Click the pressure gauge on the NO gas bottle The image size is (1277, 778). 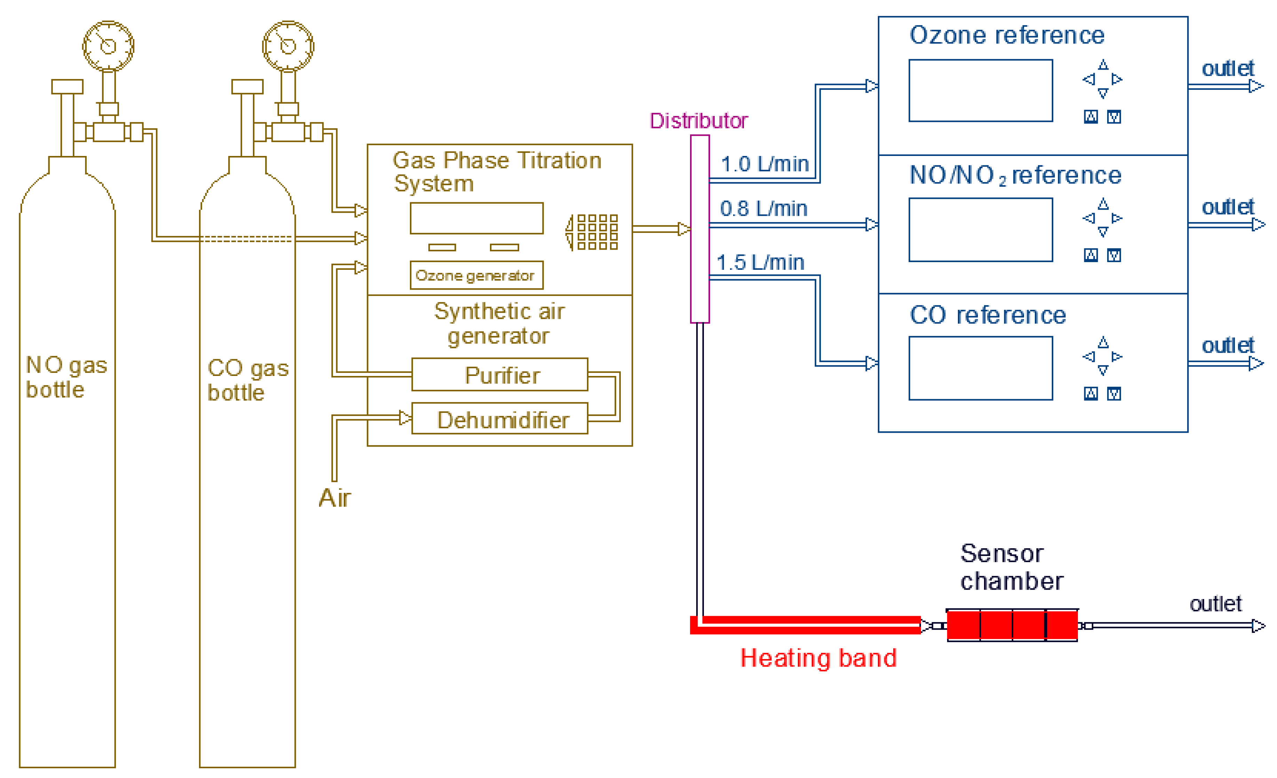pyautogui.click(x=108, y=46)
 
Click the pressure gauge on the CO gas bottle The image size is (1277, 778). pyautogui.click(x=288, y=46)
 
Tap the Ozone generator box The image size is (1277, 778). pyautogui.click(x=476, y=275)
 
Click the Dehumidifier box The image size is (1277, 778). pyautogui.click(x=500, y=418)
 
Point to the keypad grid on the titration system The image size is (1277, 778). pyautogui.click(x=597, y=232)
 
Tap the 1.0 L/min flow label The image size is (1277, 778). pyautogui.click(x=764, y=164)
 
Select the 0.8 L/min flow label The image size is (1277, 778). pyautogui.click(x=763, y=209)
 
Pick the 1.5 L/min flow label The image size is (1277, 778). pyautogui.click(x=760, y=263)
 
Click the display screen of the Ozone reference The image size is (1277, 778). pyautogui.click(x=981, y=91)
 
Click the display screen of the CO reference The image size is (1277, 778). pyautogui.click(x=981, y=368)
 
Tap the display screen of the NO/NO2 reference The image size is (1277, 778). pyautogui.click(x=981, y=230)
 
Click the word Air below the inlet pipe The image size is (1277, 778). pyautogui.click(x=335, y=498)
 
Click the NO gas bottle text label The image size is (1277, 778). pyautogui.click(x=66, y=377)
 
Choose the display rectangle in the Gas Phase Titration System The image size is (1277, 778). pyautogui.click(x=476, y=218)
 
